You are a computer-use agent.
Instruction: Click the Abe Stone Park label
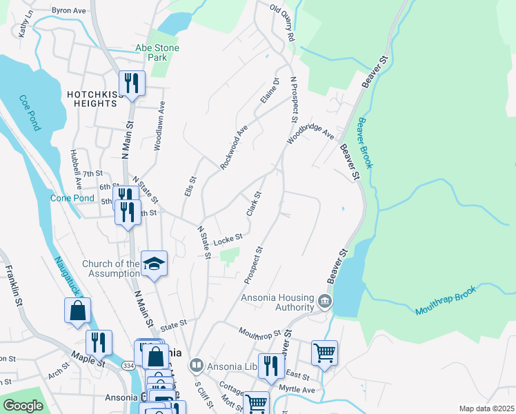click(157, 52)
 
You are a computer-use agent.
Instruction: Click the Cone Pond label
click(72, 198)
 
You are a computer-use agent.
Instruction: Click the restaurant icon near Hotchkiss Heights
click(131, 83)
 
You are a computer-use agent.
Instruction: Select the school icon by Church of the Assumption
click(154, 263)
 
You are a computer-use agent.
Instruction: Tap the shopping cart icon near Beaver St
click(324, 353)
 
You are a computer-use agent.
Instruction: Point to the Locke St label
click(228, 239)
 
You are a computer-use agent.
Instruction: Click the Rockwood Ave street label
click(234, 147)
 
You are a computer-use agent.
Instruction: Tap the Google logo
click(23, 406)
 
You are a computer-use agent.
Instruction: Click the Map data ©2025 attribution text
click(486, 408)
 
